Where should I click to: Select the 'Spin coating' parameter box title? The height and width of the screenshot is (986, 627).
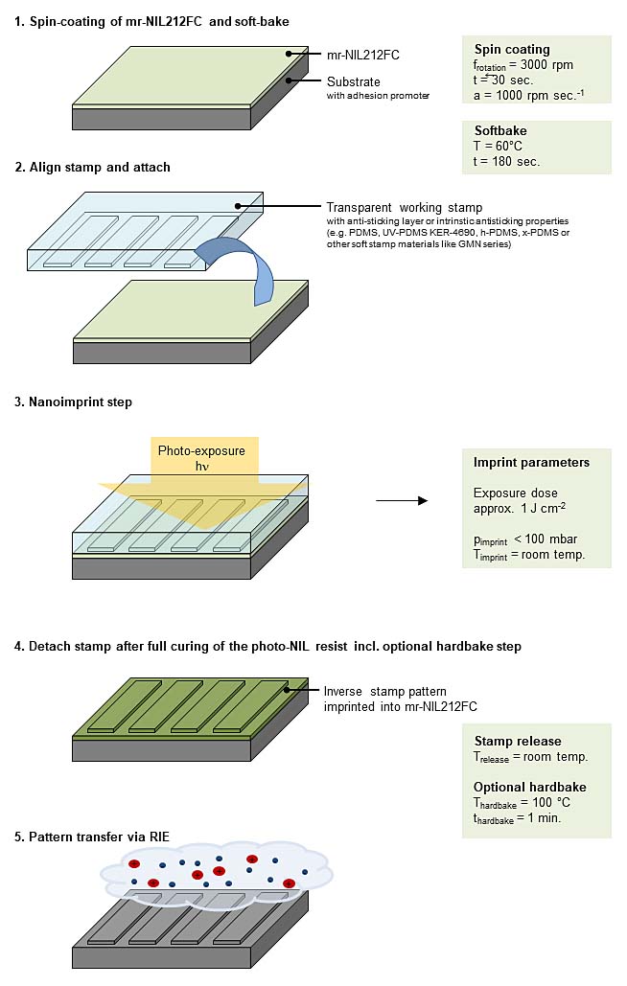point(512,49)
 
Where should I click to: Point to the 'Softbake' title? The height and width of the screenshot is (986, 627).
point(500,129)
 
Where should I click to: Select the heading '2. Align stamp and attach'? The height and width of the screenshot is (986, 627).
point(92,167)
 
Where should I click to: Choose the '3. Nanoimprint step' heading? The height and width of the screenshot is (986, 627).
point(73,402)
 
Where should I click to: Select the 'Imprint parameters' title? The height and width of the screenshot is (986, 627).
point(531,462)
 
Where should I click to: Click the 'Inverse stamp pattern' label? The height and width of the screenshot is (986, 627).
point(384,691)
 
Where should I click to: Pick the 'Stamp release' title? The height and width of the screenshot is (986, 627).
point(518,741)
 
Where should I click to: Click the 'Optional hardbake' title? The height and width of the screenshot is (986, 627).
point(530,787)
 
